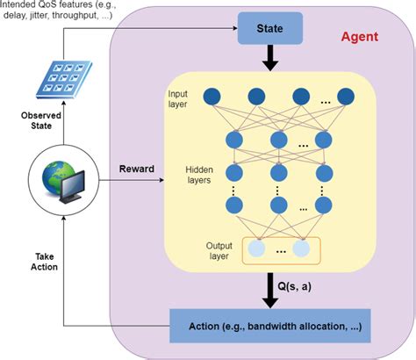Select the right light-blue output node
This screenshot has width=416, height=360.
pyautogui.click(x=301, y=248)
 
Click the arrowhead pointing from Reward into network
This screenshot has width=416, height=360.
pyautogui.click(x=161, y=181)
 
